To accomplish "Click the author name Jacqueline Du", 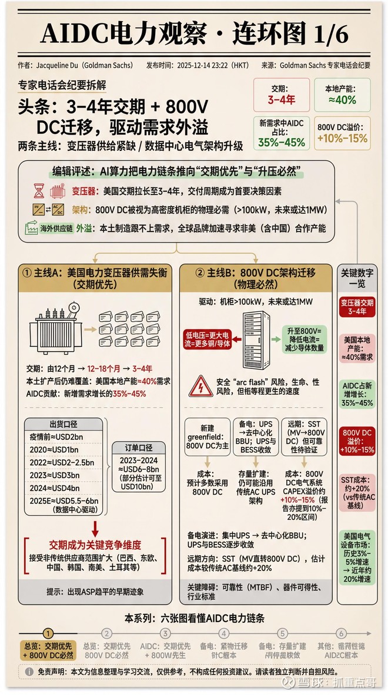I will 58,66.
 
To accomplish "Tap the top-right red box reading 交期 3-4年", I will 281,95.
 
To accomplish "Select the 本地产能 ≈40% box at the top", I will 342,95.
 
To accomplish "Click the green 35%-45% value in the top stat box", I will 281,142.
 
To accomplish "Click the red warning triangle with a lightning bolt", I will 201,386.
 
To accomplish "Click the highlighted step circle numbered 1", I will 48,633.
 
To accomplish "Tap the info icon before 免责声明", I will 29,671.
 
